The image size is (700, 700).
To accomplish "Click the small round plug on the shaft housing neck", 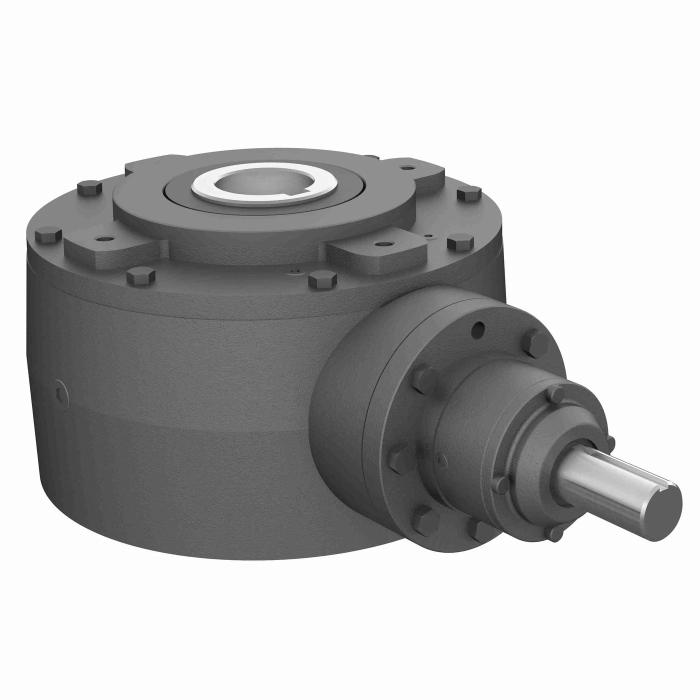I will pos(440,459).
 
